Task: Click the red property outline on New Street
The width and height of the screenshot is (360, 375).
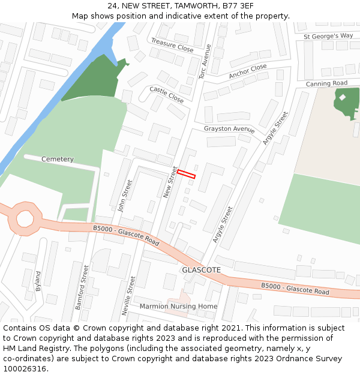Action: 186,174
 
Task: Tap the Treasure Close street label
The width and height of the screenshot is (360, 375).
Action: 172,44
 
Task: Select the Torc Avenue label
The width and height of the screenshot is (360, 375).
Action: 205,62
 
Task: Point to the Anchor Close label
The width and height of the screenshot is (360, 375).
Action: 247,71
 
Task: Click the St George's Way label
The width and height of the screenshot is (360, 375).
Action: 328,36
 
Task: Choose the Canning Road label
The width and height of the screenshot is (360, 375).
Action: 326,83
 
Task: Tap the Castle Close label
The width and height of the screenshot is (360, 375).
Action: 166,94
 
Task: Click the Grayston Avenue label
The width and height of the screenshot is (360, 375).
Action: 229,129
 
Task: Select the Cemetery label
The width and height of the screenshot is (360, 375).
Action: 58,159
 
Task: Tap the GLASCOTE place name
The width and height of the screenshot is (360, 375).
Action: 201,270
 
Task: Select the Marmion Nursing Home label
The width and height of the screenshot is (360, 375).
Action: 178,306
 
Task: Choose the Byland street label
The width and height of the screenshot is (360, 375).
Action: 38,281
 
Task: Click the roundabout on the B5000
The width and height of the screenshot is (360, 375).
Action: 26,218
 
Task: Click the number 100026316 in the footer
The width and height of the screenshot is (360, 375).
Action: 25,368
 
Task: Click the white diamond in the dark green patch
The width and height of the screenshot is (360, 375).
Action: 343,97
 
